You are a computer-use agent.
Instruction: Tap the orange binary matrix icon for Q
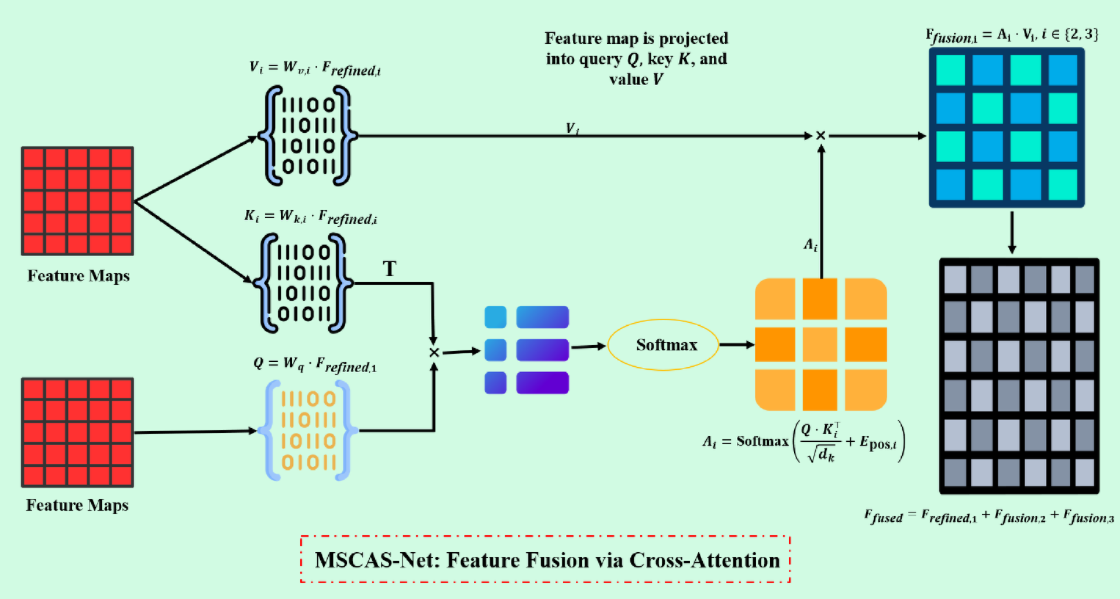point(308,431)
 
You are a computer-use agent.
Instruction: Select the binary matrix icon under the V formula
point(308,136)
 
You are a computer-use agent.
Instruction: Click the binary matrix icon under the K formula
point(303,283)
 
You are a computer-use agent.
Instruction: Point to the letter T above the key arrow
point(390,269)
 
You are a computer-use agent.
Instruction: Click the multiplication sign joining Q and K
point(434,353)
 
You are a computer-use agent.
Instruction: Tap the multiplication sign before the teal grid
point(821,136)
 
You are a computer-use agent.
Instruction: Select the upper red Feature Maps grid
point(78,201)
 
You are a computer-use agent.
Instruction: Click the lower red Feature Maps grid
point(78,432)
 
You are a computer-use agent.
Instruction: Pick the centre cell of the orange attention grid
point(820,345)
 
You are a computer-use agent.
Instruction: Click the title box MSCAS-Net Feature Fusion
point(545,560)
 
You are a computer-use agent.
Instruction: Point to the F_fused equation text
point(989,517)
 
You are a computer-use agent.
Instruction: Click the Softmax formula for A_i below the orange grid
point(804,442)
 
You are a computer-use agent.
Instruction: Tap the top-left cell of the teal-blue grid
point(950,70)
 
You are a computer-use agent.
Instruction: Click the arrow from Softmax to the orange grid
point(736,344)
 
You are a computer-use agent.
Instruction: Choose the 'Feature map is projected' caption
point(636,59)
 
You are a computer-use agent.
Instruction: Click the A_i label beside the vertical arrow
point(810,245)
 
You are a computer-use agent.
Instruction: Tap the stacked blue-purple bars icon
point(527,350)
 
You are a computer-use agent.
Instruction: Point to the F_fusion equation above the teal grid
point(1011,35)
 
